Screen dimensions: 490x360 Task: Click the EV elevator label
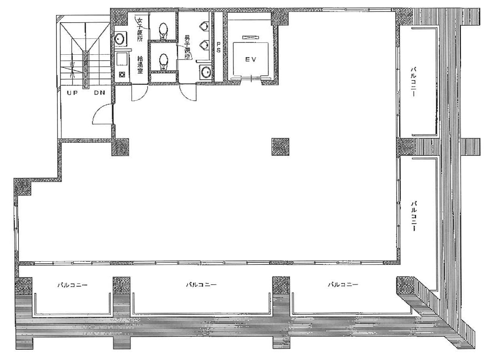coord(250,59)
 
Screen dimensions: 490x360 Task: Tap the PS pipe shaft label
coord(218,47)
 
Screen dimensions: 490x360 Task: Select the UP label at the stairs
coord(72,93)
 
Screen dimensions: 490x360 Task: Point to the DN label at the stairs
coord(99,93)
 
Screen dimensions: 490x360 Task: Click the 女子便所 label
coord(139,30)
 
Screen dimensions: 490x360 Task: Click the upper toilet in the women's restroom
coord(163,31)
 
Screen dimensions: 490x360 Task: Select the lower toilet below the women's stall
coord(163,62)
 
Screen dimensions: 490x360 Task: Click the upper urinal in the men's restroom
coord(204,25)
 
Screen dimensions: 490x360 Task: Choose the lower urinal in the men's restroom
coord(204,45)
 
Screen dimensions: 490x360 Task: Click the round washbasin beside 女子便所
coord(120,39)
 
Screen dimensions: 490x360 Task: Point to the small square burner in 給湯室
coord(122,75)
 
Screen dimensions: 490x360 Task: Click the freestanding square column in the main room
coord(280,147)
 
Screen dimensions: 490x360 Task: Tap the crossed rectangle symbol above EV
coord(251,38)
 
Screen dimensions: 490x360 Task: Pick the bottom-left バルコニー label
coord(72,285)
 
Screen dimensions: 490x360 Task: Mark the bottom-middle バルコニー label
coord(201,285)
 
